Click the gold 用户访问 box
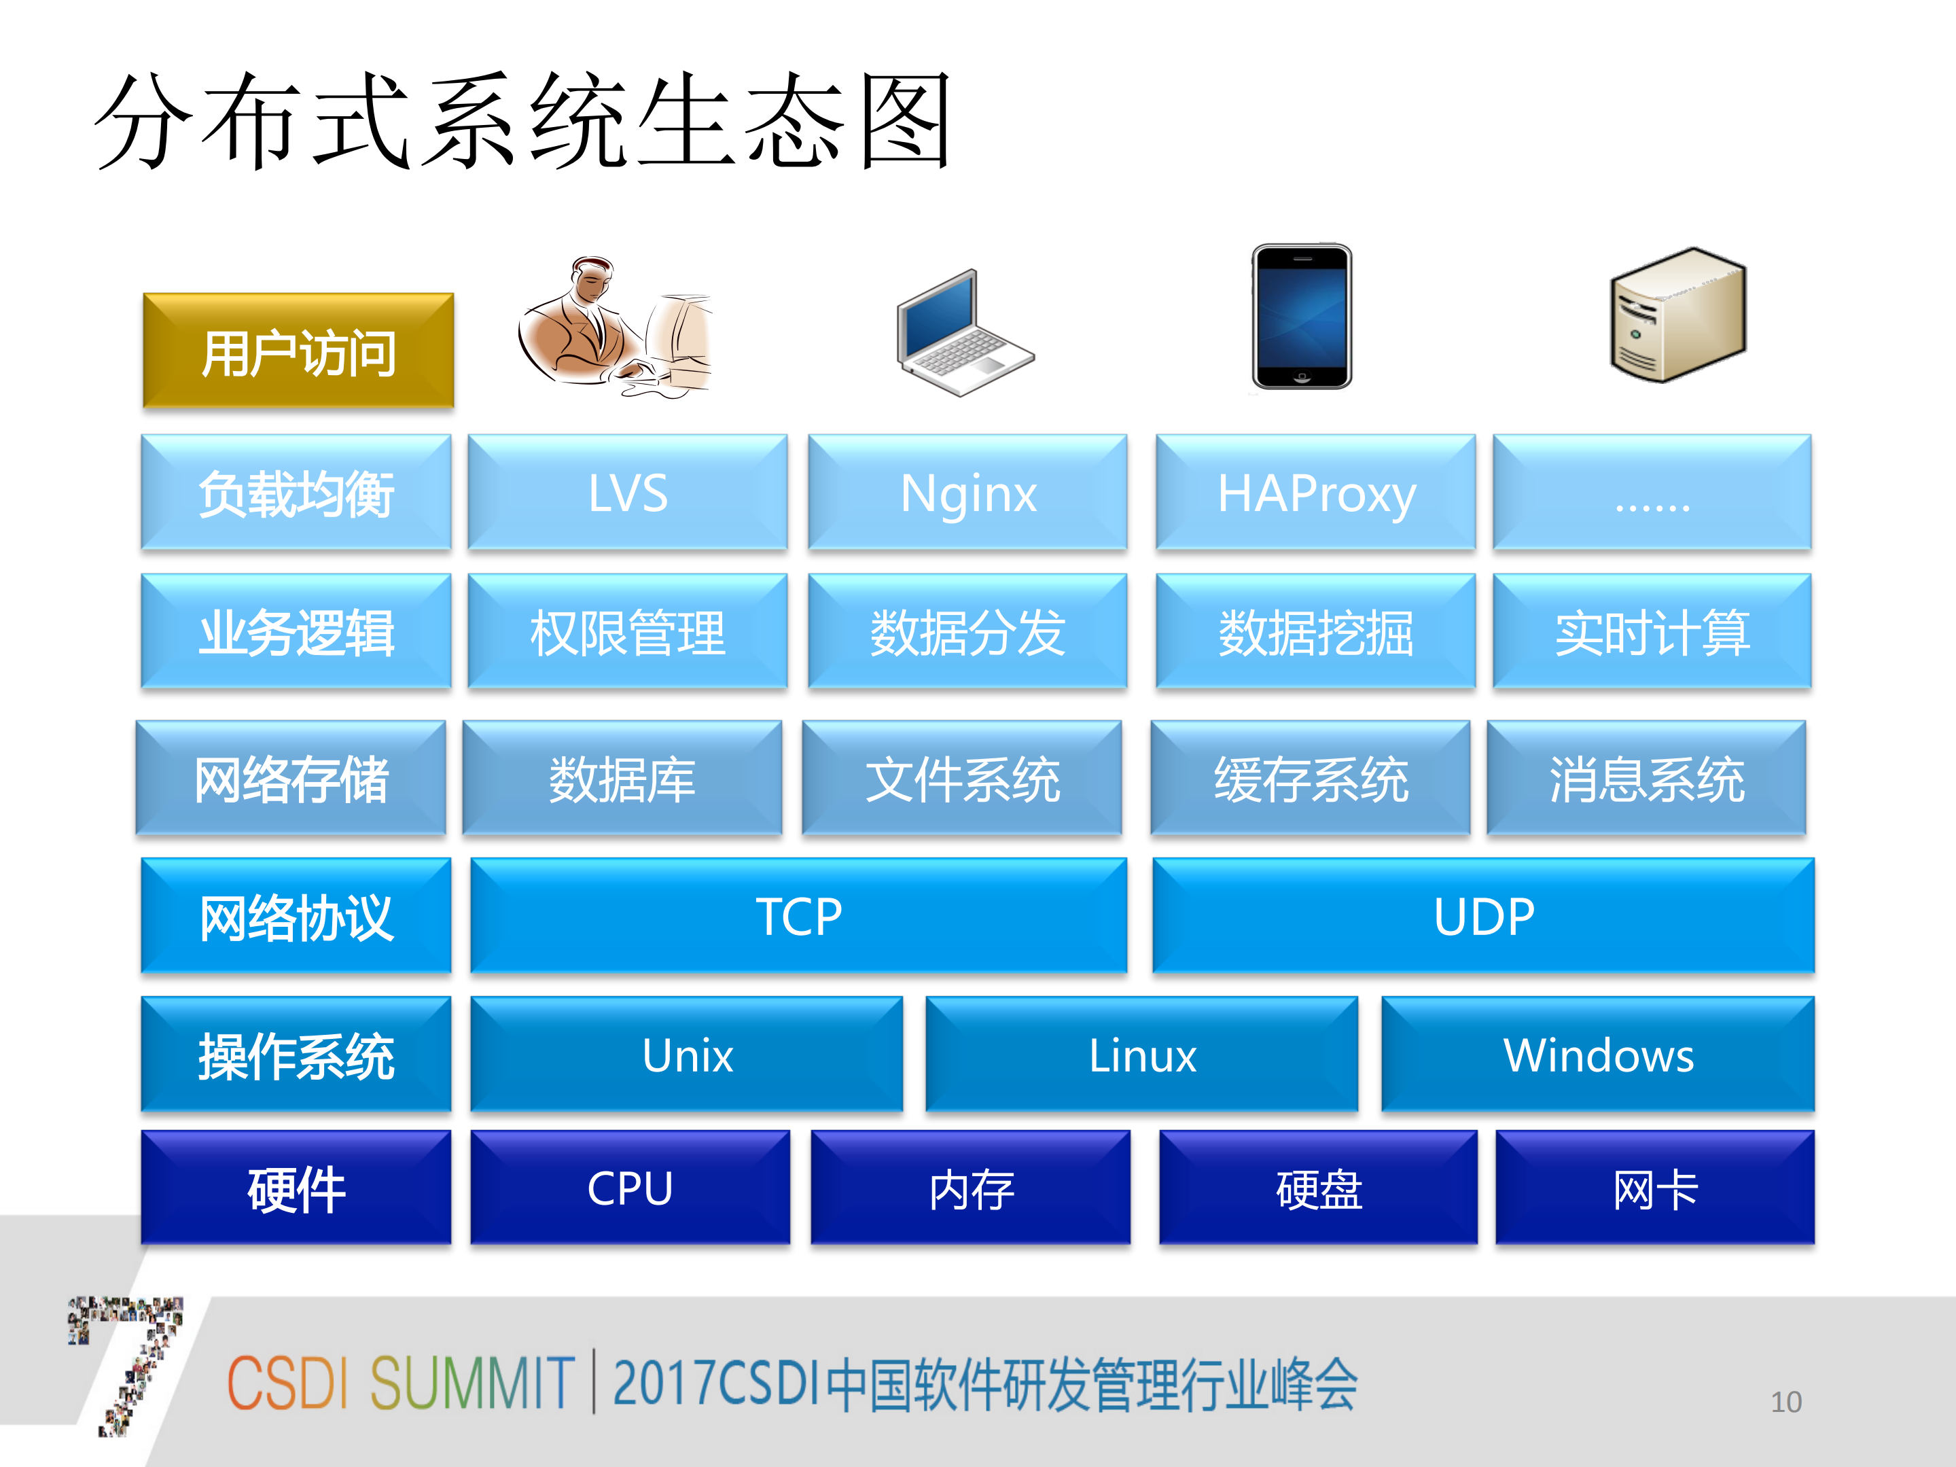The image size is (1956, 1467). coord(298,351)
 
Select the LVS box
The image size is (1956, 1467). coord(628,493)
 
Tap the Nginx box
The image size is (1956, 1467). coord(967,493)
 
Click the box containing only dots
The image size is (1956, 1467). coord(1651,493)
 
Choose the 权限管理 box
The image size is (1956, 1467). coord(628,631)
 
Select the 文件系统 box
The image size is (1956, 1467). coord(962,778)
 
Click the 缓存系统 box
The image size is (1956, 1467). coord(1310,778)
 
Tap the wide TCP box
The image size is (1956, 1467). coord(798,916)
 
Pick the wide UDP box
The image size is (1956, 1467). coord(1483,916)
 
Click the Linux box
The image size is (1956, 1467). coord(1141,1054)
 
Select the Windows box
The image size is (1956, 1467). coord(1598,1054)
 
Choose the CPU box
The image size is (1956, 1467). coord(630,1188)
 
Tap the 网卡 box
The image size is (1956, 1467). coord(1654,1188)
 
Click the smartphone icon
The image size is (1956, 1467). coord(1301,317)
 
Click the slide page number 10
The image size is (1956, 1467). coord(1785,1402)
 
